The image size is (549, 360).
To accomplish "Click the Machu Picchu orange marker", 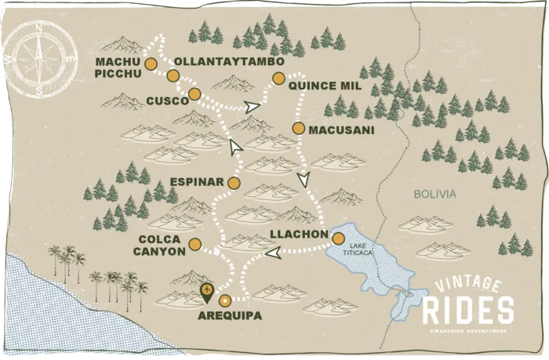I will [151, 64].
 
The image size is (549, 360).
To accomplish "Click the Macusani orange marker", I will [298, 128].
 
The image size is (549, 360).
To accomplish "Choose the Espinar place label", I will [198, 183].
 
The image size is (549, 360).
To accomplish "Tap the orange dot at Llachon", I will [338, 238].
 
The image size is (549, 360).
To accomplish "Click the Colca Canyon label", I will [162, 245].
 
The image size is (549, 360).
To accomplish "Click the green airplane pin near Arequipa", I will [207, 293].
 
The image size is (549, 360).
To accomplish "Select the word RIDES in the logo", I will [468, 311].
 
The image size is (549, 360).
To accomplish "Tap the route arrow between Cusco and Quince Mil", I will [252, 107].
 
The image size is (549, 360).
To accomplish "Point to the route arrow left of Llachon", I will [272, 253].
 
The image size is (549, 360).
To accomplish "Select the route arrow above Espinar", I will [235, 145].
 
